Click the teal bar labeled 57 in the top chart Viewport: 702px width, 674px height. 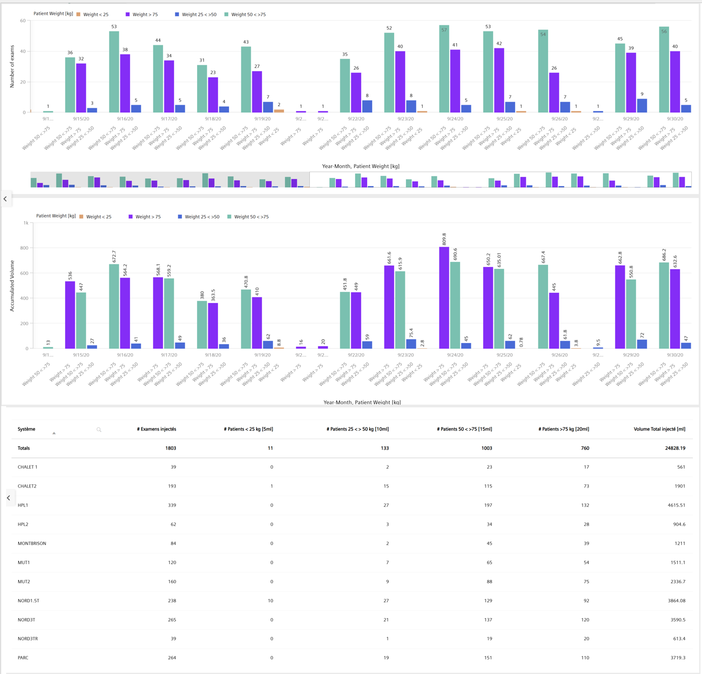click(444, 69)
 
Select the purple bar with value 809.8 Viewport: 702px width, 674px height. click(444, 297)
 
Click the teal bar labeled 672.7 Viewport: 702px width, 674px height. click(114, 306)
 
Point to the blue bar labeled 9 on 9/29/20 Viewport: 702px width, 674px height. click(642, 105)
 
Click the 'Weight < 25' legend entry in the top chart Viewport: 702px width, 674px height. click(92, 15)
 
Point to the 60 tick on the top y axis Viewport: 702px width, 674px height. click(22, 21)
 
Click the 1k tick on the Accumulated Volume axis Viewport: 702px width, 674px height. click(25, 223)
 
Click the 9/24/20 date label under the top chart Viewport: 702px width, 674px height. click(455, 119)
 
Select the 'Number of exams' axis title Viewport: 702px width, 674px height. click(12, 67)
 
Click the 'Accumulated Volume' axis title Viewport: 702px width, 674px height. click(12, 286)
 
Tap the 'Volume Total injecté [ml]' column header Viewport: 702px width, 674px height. click(659, 429)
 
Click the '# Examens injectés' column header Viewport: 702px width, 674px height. click(156, 429)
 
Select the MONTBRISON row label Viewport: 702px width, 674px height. click(32, 543)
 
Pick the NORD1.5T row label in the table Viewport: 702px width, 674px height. click(28, 601)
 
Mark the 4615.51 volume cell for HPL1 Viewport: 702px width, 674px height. click(674, 505)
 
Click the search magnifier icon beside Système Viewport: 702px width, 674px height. click(99, 430)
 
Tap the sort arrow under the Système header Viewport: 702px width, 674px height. click(54, 434)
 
